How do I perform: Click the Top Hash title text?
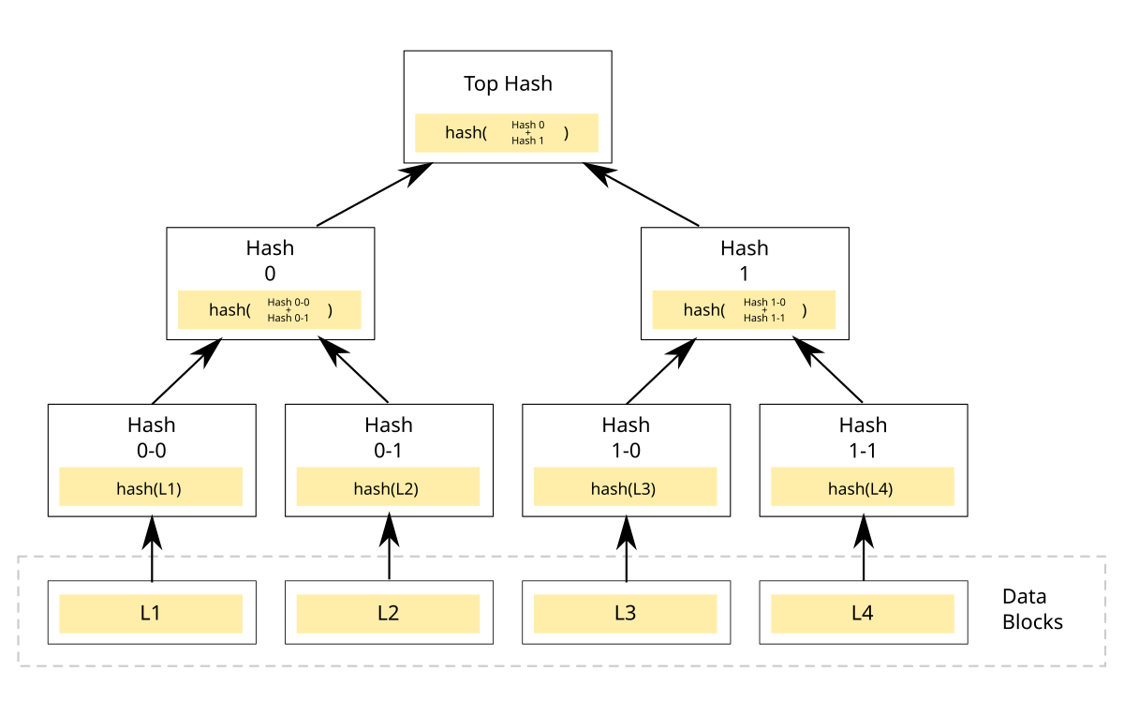click(508, 83)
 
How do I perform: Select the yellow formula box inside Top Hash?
click(507, 133)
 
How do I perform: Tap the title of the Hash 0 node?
click(270, 261)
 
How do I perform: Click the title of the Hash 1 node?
click(745, 261)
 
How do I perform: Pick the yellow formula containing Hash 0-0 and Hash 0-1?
click(270, 310)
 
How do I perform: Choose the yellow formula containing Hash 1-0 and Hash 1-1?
click(744, 310)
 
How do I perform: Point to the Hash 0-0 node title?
click(152, 438)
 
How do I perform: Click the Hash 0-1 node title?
click(389, 438)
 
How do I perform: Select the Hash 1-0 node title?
click(626, 438)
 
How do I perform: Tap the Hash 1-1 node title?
click(863, 438)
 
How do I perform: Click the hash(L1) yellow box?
click(151, 487)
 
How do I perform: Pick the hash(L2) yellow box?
click(388, 487)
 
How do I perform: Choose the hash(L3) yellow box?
click(625, 487)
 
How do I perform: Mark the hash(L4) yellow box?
click(862, 487)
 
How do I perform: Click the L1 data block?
click(151, 614)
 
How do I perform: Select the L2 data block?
click(388, 614)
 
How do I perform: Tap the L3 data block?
click(625, 614)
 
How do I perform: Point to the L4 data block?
click(862, 614)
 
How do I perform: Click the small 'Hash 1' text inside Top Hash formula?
click(527, 141)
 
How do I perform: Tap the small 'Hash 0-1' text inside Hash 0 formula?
click(288, 318)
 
